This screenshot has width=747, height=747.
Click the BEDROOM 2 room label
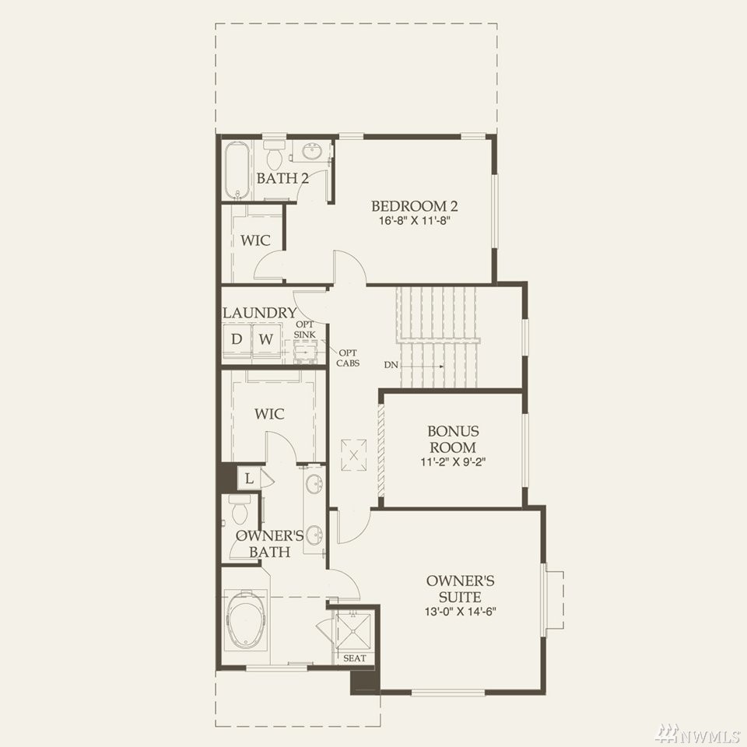414,206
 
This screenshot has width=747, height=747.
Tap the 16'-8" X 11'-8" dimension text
415,221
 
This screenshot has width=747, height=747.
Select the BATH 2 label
282,178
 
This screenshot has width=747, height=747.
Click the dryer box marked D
237,339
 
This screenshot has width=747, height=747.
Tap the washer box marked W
266,339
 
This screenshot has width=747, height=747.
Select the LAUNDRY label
260,313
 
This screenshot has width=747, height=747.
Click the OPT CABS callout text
348,358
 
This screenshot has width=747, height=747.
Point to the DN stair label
391,366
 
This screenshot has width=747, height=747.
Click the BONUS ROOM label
453,439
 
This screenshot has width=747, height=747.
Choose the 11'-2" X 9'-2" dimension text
453,462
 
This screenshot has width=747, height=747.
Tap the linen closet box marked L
249,479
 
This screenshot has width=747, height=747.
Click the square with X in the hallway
353,455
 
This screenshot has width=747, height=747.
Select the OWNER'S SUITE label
460,589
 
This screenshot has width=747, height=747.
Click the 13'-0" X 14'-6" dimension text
460,612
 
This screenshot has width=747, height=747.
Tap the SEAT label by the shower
355,658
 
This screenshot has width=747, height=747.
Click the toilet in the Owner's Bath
238,510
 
